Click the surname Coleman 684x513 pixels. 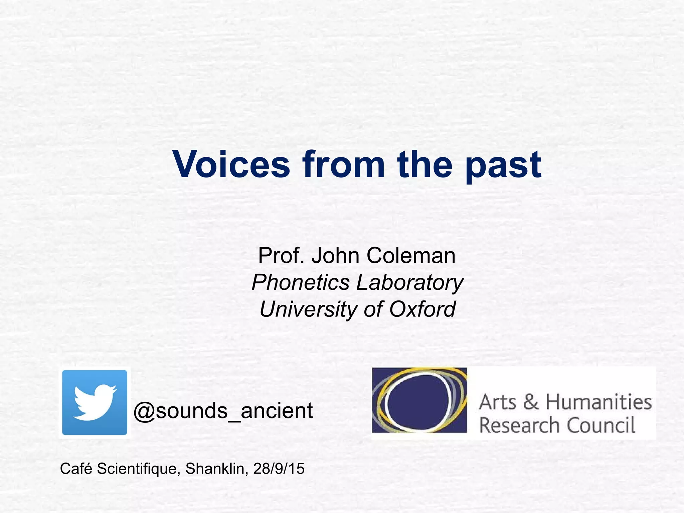coord(411,256)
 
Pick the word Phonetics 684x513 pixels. coord(301,283)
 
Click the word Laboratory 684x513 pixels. coord(410,283)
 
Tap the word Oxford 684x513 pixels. coord(422,309)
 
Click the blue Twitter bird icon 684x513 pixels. coord(95,402)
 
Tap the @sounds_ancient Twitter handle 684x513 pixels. coord(223,411)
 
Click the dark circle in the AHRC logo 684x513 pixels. coord(419,402)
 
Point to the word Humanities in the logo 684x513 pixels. coord(598,402)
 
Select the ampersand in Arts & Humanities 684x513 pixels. coord(531,402)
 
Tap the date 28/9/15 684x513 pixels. coord(279,469)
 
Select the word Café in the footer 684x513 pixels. coord(76,469)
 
